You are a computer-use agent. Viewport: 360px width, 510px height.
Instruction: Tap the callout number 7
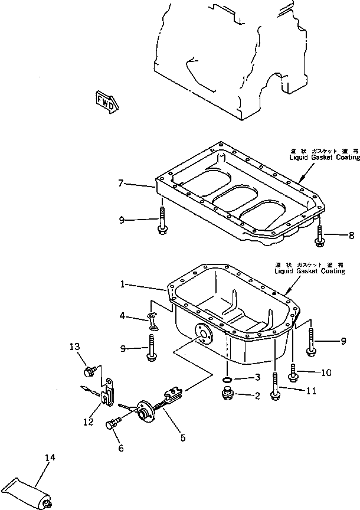pyautogui.click(x=121, y=184)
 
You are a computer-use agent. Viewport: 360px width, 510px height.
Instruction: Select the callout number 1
pyautogui.click(x=123, y=285)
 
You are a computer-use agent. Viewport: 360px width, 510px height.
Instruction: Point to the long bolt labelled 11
pyautogui.click(x=275, y=387)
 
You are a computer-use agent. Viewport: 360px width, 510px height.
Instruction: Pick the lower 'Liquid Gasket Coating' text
pyautogui.click(x=309, y=271)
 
